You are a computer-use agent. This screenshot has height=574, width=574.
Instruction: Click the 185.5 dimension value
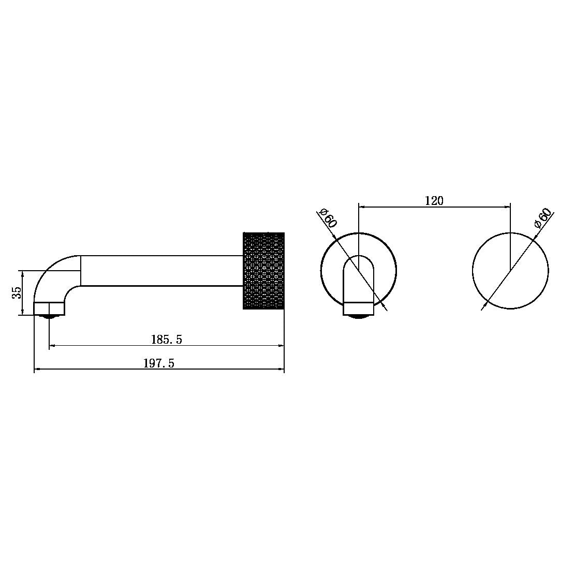tap(167, 340)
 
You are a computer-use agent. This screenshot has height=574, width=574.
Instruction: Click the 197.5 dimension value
tap(159, 363)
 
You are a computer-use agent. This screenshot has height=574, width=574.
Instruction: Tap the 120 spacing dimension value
tap(434, 201)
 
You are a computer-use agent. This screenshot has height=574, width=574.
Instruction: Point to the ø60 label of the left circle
tap(329, 218)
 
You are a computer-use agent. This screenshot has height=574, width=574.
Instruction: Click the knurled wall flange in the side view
tap(263, 271)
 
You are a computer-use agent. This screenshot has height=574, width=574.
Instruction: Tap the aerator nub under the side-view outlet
tap(49, 317)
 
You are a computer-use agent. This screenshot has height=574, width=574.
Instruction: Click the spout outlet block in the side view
tap(49, 308)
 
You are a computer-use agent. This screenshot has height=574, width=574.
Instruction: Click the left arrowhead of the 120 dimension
tap(361, 207)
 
